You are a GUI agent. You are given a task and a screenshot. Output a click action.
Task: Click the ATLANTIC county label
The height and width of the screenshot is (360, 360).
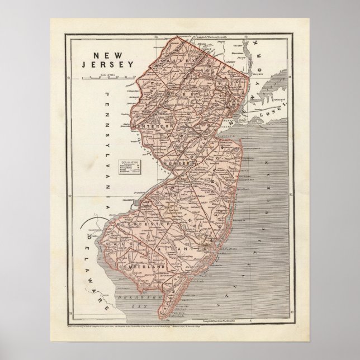(182, 247)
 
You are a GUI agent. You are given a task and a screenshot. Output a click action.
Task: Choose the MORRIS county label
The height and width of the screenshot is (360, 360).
(190, 94)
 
